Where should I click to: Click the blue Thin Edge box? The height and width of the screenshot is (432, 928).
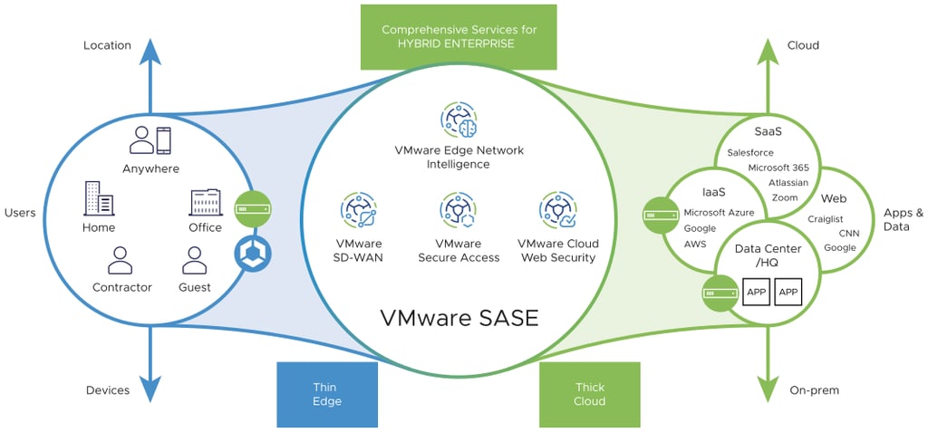[x=326, y=394]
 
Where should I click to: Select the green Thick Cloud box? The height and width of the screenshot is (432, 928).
[x=589, y=394]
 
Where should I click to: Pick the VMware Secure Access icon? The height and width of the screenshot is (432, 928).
[x=458, y=210]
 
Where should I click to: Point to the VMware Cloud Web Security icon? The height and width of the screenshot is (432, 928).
[x=556, y=210]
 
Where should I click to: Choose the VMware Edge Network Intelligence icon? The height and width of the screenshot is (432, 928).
[x=459, y=120]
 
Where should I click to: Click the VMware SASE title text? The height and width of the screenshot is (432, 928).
[x=459, y=318]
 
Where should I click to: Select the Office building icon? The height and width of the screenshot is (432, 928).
[x=206, y=201]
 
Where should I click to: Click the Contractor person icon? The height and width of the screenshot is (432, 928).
[x=121, y=260]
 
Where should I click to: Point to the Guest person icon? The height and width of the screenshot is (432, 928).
[x=195, y=260]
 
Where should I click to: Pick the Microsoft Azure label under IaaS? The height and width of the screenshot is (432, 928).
[x=718, y=212]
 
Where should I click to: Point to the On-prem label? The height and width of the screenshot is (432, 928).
[x=814, y=390]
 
